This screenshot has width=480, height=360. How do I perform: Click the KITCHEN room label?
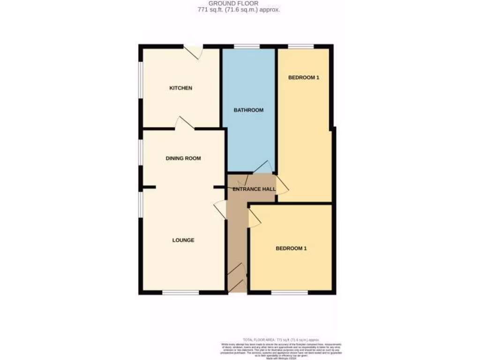pos(180,88)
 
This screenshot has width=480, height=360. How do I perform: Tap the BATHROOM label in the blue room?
pos(248,110)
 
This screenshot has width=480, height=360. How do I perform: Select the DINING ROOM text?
pos(183,158)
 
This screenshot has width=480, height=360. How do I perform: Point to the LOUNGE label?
pos(183,240)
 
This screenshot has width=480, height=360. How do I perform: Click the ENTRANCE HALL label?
pos(254,189)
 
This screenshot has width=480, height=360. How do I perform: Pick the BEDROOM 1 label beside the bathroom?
pos(303,77)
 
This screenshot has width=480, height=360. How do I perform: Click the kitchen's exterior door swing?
pos(193,52)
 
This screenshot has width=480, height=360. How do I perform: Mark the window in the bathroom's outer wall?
pos(247,46)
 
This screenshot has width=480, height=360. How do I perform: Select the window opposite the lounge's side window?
pos(181,293)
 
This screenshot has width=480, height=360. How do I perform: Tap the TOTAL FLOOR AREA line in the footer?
pos(280,339)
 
